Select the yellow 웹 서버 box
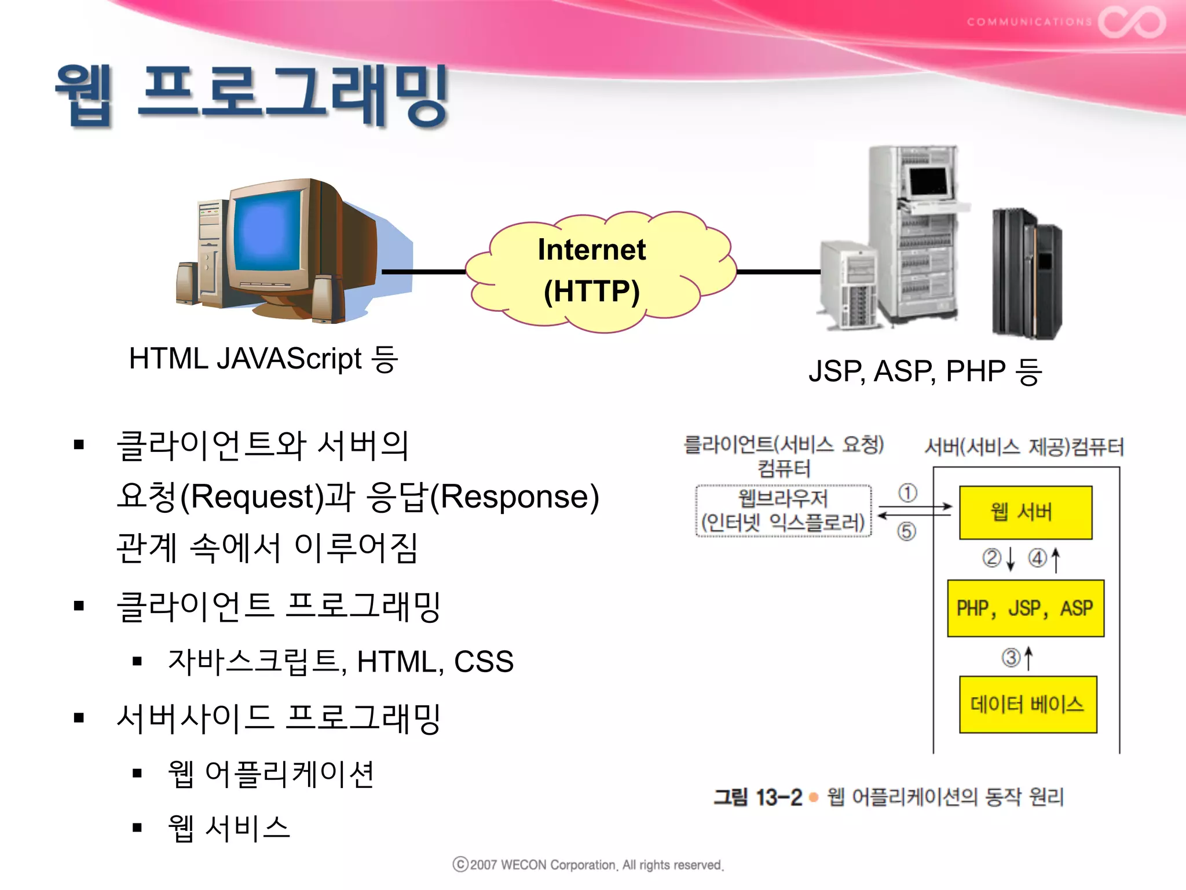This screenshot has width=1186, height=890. coord(1025,512)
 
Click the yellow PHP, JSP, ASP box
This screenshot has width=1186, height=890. coord(1025,608)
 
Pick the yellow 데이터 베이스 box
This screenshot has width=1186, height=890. coord(1027,705)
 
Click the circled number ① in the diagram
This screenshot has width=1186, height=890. coord(907,493)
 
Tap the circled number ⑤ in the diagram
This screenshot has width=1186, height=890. coord(906,531)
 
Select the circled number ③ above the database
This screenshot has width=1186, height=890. coord(1011,658)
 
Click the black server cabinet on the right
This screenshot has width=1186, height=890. coord(1026,273)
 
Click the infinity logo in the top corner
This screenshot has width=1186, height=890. coord(1132,22)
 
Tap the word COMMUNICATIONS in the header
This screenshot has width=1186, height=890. coord(1028,22)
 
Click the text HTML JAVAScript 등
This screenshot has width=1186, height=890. coord(263,359)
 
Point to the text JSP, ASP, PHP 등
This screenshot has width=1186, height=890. coord(925,371)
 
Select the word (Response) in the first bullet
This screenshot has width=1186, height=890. coord(514,497)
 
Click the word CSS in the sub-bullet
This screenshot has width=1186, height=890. coord(484,662)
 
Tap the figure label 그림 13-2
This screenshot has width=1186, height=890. coord(757,798)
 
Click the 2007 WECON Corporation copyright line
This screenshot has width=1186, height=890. coord(588,865)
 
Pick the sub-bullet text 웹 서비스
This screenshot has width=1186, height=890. coord(229,829)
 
